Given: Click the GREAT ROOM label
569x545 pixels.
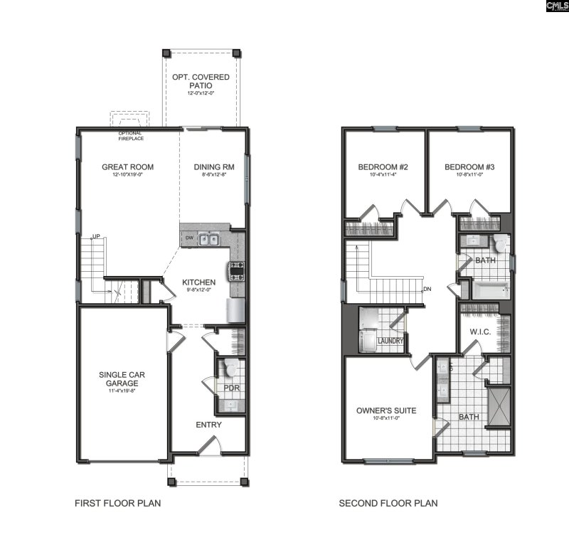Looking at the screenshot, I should pyautogui.click(x=127, y=167).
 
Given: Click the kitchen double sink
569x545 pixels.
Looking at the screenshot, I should pyautogui.click(x=208, y=240).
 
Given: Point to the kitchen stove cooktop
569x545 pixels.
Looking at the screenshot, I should pyautogui.click(x=235, y=270).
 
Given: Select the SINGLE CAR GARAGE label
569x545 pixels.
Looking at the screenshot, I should pyautogui.click(x=119, y=379).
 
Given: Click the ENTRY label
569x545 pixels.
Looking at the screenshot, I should pyautogui.click(x=208, y=425).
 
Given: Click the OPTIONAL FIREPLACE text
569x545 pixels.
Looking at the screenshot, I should pyautogui.click(x=129, y=136).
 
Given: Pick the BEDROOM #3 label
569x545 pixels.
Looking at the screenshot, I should pyautogui.click(x=469, y=167).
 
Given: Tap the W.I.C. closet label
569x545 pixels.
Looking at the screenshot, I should pyautogui.click(x=481, y=332).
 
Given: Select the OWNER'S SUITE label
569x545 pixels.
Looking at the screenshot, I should pyautogui.click(x=386, y=411).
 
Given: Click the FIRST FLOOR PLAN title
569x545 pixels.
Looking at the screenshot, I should pyautogui.click(x=118, y=504).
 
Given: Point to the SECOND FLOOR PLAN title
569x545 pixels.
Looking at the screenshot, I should pyautogui.click(x=388, y=504).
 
